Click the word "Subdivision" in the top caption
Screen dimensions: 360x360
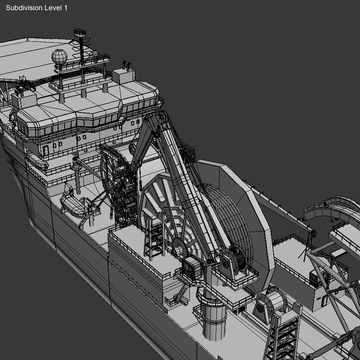point(23,8)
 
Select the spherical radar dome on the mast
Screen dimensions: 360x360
point(59,57)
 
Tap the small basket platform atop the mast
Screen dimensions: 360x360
point(80,33)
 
